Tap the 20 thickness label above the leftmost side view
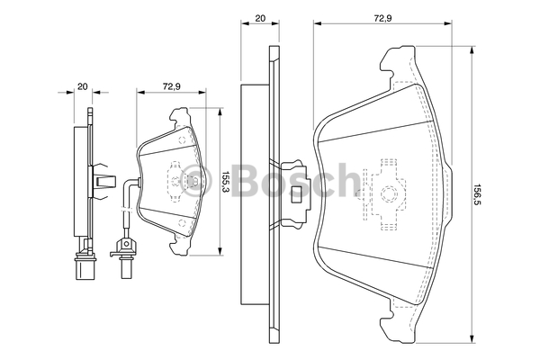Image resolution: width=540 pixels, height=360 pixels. click(x=82, y=86)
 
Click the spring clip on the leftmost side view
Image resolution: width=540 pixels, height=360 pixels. click(x=103, y=181)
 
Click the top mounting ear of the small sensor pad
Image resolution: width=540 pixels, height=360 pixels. click(x=179, y=114)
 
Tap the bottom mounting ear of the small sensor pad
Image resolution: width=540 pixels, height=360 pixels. click(x=177, y=245)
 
